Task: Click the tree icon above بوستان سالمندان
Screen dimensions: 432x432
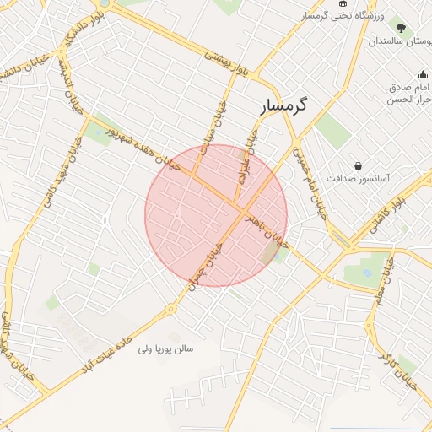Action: (x=402, y=28)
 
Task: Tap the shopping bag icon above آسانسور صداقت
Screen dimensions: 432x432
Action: (x=359, y=165)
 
